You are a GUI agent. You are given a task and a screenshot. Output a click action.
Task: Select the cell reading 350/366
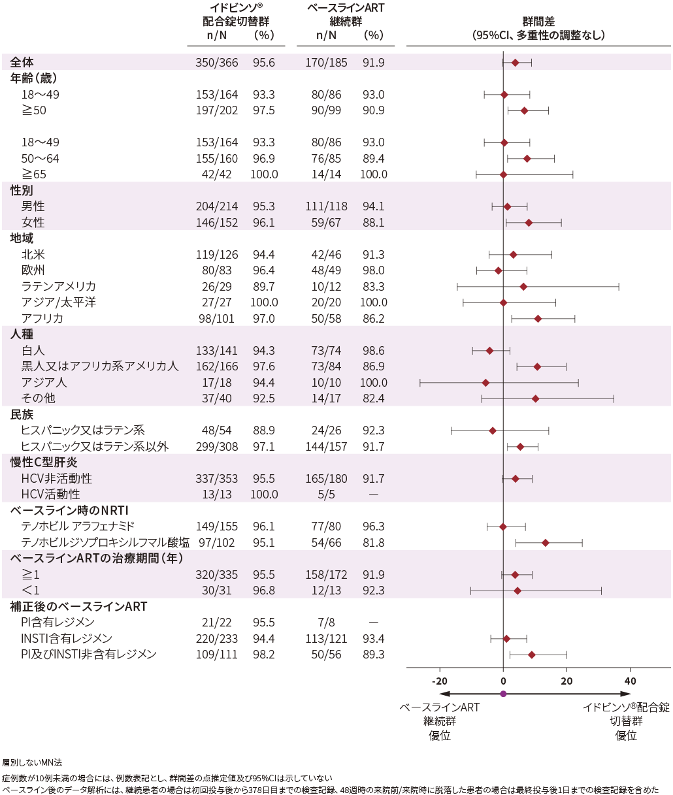point(217,63)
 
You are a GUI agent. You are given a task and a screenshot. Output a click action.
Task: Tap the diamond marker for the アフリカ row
point(538,319)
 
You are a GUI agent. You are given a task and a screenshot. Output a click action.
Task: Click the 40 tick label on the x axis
point(630,681)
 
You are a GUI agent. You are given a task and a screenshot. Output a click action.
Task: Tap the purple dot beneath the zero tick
point(503,694)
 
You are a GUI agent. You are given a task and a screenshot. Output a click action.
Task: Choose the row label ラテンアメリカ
point(59,287)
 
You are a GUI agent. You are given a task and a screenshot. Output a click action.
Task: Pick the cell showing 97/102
point(217,543)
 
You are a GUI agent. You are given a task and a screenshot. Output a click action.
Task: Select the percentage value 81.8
point(373,543)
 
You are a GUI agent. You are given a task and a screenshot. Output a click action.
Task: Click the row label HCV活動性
point(50,495)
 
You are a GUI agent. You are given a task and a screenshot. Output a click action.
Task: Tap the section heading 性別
point(22,191)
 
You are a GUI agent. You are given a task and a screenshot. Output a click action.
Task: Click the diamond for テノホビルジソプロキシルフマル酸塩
point(546,543)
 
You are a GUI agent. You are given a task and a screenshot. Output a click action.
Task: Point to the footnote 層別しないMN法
point(32,762)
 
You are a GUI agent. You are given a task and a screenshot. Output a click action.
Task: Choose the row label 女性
point(33,223)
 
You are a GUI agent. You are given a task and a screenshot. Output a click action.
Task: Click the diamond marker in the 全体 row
point(515,63)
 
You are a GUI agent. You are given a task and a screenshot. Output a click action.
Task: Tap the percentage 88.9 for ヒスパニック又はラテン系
point(264,430)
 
